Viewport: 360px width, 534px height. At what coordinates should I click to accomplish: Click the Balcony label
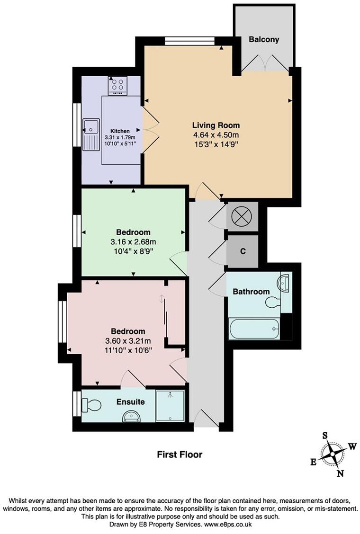point(264,40)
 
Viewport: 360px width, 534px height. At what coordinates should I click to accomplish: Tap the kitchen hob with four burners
point(117,85)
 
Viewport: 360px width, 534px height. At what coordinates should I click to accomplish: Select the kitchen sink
point(90,127)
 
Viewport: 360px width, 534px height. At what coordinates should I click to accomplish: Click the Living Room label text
point(216,125)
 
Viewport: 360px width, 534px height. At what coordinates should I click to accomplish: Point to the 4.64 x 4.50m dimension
point(216,135)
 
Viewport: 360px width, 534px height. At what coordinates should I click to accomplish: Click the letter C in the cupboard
point(243,251)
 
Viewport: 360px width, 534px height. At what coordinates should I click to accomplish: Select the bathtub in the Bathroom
point(254,328)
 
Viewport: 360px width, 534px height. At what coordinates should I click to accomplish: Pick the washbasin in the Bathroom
point(286,284)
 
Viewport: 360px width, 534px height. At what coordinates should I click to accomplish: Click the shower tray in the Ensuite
point(170,406)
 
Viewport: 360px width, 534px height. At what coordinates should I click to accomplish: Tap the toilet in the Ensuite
point(91,405)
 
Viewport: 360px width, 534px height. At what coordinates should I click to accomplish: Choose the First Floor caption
point(180,455)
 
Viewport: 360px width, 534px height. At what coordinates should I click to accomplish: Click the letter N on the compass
point(340,473)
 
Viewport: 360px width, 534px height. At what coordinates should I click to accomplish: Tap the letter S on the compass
point(325,436)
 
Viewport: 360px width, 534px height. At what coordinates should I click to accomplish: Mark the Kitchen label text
point(120,131)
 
